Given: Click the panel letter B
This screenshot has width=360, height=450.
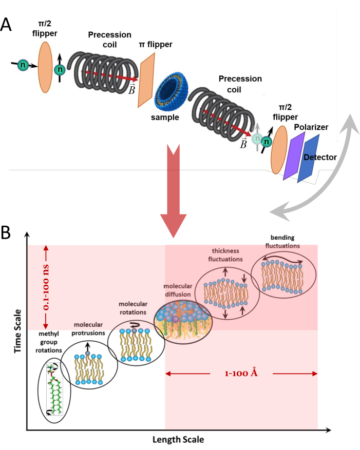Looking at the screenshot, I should (8, 233).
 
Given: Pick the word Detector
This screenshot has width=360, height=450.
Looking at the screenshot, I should (319, 157).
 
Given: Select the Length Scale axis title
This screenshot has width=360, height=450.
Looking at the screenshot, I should (177, 440).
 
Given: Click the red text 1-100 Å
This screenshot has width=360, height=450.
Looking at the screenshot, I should (241, 373).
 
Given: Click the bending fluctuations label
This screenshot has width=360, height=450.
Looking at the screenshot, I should (283, 243).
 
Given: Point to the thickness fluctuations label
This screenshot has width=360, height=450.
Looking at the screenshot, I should (227, 255).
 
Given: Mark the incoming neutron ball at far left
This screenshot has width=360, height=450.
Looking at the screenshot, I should (23, 65).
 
